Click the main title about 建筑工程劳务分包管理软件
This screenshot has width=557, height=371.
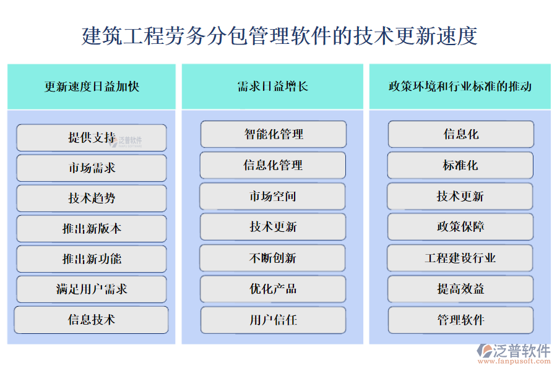coord(279,35)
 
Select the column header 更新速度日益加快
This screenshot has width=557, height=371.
coord(92,87)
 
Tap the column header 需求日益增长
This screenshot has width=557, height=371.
coord(273,87)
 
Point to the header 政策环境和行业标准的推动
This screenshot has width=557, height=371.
coord(460,87)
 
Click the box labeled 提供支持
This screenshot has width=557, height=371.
coord(92,137)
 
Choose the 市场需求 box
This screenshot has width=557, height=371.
coord(92,168)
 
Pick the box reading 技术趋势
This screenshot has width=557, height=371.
coord(92,198)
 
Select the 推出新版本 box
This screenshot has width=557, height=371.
coord(92,228)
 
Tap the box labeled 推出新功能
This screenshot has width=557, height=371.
coord(92,258)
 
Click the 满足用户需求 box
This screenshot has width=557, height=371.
coord(92,289)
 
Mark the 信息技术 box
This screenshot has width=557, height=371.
coord(92,320)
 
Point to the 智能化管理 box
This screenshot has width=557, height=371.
coord(273,134)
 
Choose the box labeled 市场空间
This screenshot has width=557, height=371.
coord(273,196)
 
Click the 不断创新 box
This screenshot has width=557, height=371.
coord(273,258)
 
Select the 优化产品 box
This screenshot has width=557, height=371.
coord(273,289)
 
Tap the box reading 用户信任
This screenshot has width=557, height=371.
coord(273,320)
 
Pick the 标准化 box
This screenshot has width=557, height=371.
coord(460,165)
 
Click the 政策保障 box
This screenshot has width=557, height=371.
coord(460,226)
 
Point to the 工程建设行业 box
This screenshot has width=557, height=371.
coord(460,258)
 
